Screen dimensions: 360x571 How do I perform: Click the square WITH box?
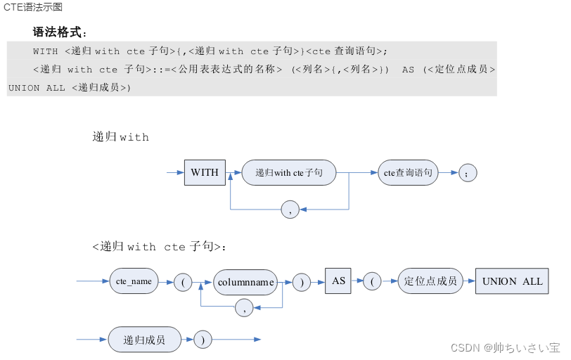coord(205,172)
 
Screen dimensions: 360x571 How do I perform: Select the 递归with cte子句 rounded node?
coord(288,172)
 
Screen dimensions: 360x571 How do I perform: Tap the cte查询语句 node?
coord(409,172)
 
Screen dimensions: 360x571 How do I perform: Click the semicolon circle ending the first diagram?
coord(468,172)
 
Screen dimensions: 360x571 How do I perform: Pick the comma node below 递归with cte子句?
coord(290,209)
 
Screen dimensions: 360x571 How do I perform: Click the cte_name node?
coord(134,281)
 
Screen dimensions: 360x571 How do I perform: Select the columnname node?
coord(245,281)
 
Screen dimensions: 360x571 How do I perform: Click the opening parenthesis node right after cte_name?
coord(183,282)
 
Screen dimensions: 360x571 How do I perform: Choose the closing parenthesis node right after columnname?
coord(302,282)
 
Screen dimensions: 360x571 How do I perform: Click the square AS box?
coord(338,281)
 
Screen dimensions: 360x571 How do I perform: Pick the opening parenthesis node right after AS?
coord(371,282)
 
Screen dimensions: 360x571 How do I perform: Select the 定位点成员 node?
coord(430,281)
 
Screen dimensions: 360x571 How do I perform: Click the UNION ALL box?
coord(512,281)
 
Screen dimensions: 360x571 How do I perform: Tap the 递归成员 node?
coord(144,340)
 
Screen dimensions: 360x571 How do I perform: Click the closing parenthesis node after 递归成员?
coord(203,340)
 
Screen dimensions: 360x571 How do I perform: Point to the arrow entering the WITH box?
coord(175,172)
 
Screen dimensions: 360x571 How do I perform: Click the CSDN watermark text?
coord(505,347)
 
